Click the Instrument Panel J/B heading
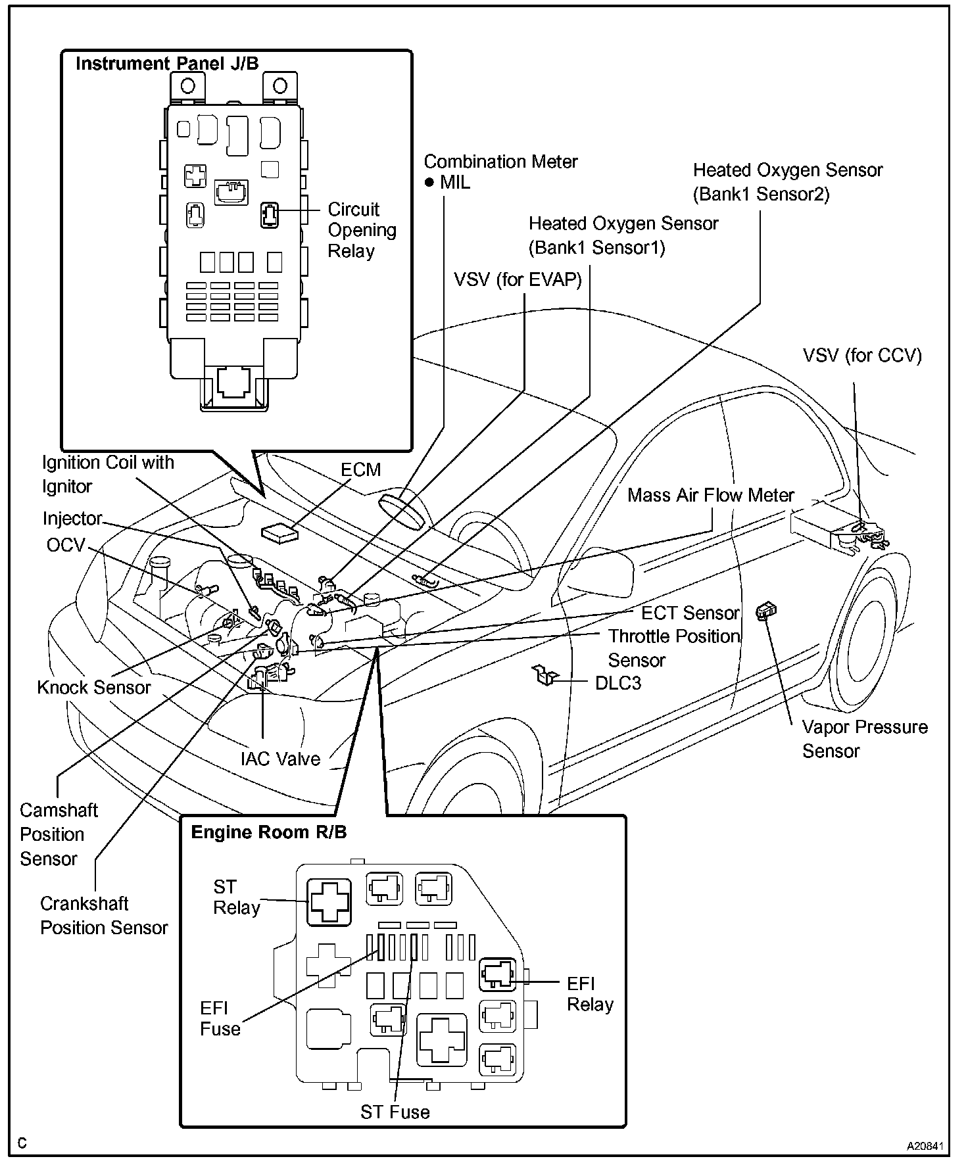point(167,64)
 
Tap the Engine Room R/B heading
point(268,832)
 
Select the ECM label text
point(360,470)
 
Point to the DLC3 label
point(617,683)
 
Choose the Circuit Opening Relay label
point(362,230)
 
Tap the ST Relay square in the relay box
point(329,902)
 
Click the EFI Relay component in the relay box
point(498,974)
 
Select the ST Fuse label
point(395,1112)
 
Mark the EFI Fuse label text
point(220,1018)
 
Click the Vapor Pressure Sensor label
point(864,739)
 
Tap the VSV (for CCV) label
point(861,356)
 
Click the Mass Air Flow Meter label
point(710,495)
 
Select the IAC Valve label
point(280,759)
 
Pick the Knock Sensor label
point(93,688)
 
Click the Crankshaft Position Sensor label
point(104,916)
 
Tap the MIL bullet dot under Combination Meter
point(429,183)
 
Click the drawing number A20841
point(925,1146)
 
